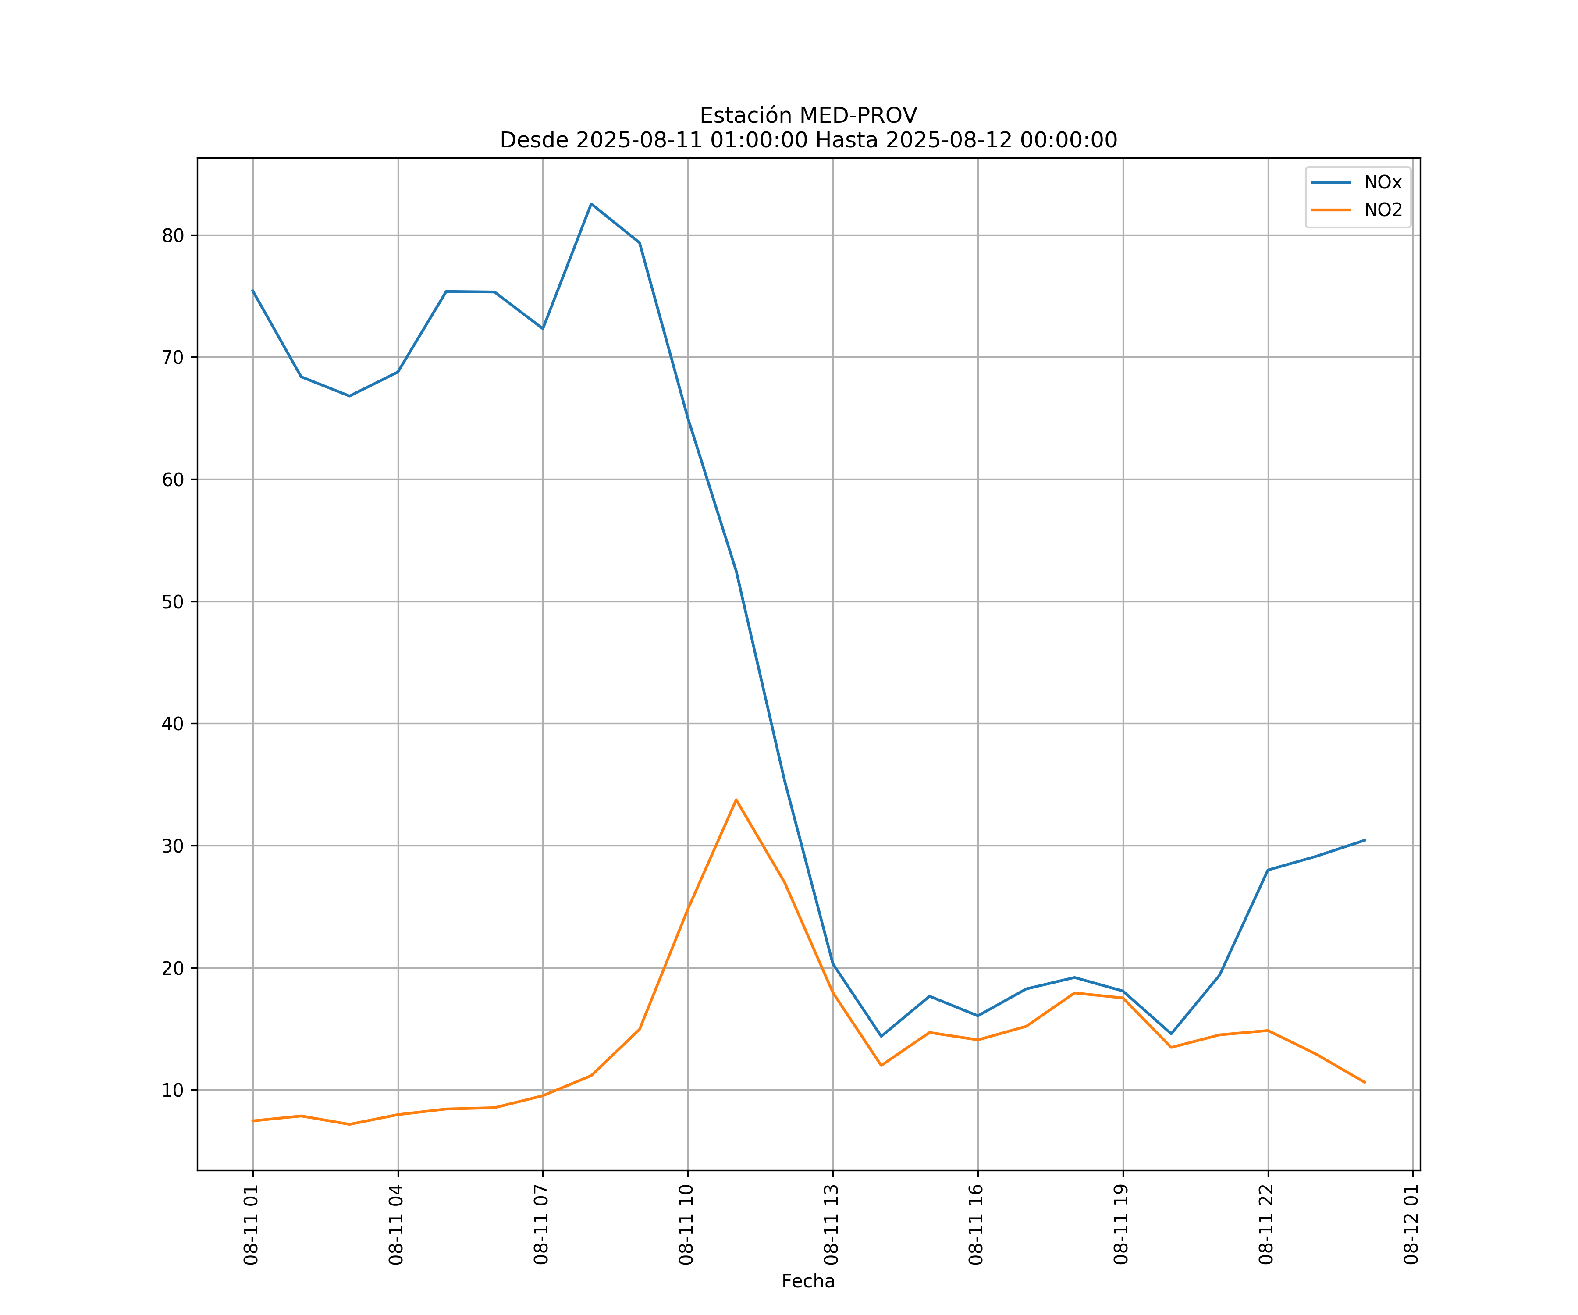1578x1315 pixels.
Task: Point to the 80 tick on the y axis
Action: click(173, 235)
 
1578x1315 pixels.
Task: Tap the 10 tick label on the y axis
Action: click(173, 1090)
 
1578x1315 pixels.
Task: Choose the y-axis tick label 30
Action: click(173, 846)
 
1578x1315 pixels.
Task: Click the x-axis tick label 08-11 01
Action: click(251, 1225)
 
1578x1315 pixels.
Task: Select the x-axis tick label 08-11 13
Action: click(831, 1225)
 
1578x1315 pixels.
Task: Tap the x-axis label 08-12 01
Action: click(1411, 1225)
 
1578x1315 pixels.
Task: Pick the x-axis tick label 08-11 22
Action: click(1266, 1225)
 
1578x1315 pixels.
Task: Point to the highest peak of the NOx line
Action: click(591, 204)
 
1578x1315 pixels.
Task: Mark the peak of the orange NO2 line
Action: click(736, 800)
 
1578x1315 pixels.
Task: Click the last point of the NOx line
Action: click(1365, 840)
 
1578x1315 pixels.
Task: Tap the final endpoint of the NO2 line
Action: click(1365, 1083)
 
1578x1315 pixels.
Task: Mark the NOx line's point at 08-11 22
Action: click(1269, 870)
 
